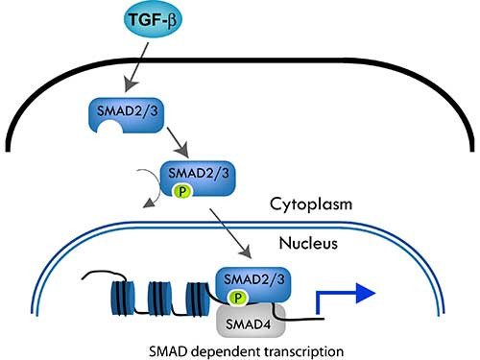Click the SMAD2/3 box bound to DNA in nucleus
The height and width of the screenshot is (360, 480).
coord(251,280)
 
